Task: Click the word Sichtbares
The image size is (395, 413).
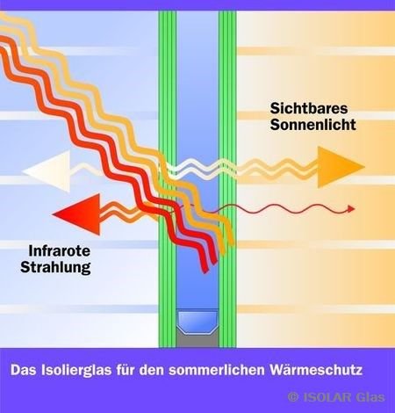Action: [x=309, y=108]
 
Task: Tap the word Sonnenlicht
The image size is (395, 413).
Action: [x=312, y=125]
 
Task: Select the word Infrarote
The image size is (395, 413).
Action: [x=60, y=251]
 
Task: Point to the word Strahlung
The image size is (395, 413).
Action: [x=55, y=267]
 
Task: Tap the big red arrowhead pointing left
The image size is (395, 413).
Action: [x=76, y=214]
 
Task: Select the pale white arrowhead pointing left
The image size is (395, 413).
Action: [x=47, y=171]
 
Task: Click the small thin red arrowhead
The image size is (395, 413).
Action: [x=351, y=209]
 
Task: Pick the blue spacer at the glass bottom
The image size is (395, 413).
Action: [x=197, y=322]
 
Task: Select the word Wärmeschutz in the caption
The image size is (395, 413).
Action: [x=316, y=370]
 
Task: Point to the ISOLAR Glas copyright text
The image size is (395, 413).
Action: [x=336, y=397]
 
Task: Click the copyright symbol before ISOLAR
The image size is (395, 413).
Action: [x=293, y=397]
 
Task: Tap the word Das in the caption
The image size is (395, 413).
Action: [x=24, y=370]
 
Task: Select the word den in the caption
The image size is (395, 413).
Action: [x=152, y=370]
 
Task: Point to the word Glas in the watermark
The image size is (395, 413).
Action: [x=370, y=397]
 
